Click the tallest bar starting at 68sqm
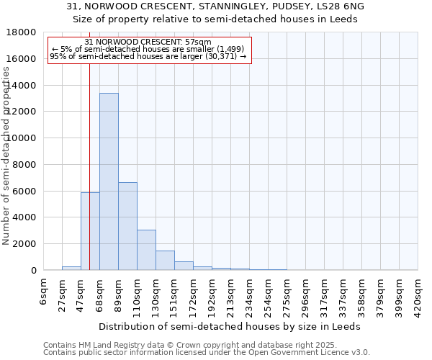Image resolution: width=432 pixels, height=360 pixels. [x=109, y=181]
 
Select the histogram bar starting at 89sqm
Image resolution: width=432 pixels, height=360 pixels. [x=127, y=226]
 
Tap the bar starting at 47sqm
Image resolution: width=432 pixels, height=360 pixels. [x=90, y=231]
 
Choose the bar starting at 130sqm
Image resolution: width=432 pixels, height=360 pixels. [x=165, y=261]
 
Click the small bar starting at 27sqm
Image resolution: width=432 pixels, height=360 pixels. [x=71, y=268]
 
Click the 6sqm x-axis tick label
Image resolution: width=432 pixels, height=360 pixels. [x=43, y=291]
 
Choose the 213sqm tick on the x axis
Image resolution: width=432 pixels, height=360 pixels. [x=230, y=295]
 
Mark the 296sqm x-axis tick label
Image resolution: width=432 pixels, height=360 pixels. [x=305, y=295]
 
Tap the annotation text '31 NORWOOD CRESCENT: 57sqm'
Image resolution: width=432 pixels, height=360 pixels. [x=148, y=42]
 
